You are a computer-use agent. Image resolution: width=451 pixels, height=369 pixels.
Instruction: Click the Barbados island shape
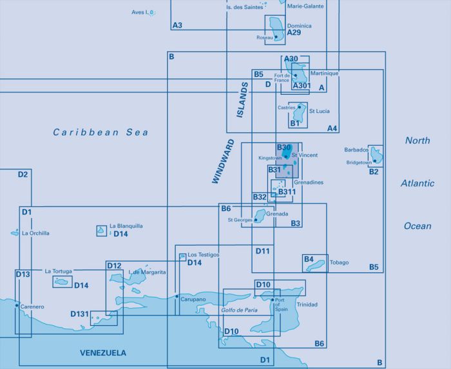pos(376,155)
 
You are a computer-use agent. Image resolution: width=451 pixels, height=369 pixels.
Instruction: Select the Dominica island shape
pos(277,29)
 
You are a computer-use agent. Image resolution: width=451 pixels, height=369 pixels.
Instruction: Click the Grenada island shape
pos(260,215)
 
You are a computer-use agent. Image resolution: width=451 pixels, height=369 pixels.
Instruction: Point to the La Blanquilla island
pos(101,230)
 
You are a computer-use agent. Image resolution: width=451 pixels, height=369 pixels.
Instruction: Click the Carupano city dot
pos(177,296)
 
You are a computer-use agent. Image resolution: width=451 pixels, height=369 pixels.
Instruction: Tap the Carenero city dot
pos(17,305)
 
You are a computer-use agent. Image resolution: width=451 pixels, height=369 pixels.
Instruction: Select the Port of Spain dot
pos(273,299)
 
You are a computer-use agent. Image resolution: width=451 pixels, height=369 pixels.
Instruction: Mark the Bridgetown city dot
pos(374,161)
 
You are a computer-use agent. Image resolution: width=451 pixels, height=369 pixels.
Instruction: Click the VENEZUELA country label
pos(103,353)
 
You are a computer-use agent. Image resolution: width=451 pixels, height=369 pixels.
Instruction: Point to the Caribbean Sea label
pos(101,132)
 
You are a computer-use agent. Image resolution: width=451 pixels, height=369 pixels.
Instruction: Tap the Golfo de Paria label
pos(239,310)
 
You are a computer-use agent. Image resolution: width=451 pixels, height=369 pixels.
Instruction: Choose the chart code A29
pos(294,32)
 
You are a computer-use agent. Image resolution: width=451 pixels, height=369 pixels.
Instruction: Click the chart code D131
pos(80,314)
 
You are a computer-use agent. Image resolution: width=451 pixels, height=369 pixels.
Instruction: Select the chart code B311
pos(287,192)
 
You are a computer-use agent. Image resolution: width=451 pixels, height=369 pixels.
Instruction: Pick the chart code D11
pos(263,251)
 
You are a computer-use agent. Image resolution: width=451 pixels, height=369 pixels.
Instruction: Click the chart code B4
pos(309,259)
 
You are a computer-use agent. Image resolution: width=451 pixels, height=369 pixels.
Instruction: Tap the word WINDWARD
pos(223,161)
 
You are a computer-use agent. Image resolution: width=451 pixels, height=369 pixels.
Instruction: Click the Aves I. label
pos(140,12)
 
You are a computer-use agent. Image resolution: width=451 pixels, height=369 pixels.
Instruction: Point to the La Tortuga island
pos(61,282)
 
